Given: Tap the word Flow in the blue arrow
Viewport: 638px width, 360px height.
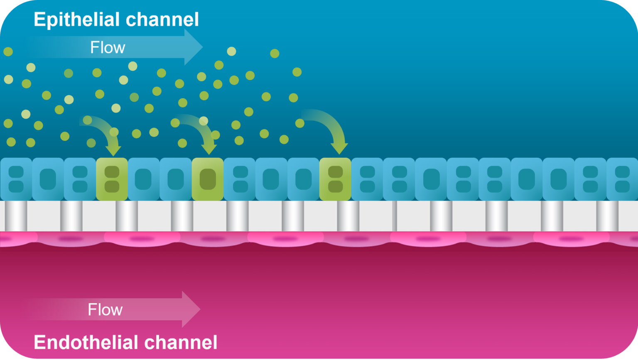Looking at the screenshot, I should point(108,48).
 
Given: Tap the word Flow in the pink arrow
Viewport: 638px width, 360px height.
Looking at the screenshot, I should point(105,310).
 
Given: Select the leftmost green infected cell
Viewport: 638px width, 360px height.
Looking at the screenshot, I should point(112,179).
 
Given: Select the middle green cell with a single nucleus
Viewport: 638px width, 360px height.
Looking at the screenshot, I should point(207,179).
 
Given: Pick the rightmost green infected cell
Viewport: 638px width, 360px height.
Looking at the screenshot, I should point(335,179).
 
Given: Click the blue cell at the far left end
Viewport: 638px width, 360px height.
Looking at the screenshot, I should point(15,179).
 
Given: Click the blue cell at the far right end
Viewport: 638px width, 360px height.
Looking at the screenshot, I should point(622,179).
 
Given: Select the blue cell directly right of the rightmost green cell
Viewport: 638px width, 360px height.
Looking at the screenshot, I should point(367,179).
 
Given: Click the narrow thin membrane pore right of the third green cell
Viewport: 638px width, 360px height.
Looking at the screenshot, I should point(394,216).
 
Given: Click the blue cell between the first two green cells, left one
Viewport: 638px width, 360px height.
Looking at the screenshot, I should point(144,179).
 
